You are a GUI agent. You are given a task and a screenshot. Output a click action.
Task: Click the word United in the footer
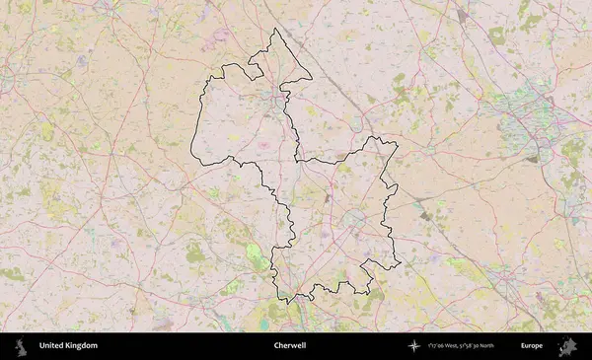pyautogui.click(x=52, y=346)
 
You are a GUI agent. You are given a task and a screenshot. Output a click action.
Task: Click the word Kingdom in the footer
pyautogui.click(x=83, y=346)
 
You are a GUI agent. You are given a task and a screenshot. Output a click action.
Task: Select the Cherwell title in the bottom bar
pyautogui.click(x=290, y=346)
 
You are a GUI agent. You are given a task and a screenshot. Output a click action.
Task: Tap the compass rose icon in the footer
pyautogui.click(x=413, y=346)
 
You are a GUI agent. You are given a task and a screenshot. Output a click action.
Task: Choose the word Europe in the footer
pyautogui.click(x=532, y=346)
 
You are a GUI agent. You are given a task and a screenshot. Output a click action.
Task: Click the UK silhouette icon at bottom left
pyautogui.click(x=19, y=346)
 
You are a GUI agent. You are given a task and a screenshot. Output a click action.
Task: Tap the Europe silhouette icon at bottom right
pyautogui.click(x=566, y=346)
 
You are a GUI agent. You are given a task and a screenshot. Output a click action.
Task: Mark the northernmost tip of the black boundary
pyautogui.click(x=274, y=29)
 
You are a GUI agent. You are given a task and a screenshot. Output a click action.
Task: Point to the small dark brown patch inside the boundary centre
pyautogui.click(x=328, y=197)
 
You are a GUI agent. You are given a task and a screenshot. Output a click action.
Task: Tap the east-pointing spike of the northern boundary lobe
pyautogui.click(x=311, y=79)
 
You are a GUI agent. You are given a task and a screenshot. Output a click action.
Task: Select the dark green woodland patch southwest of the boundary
pyautogui.click(x=195, y=254)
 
